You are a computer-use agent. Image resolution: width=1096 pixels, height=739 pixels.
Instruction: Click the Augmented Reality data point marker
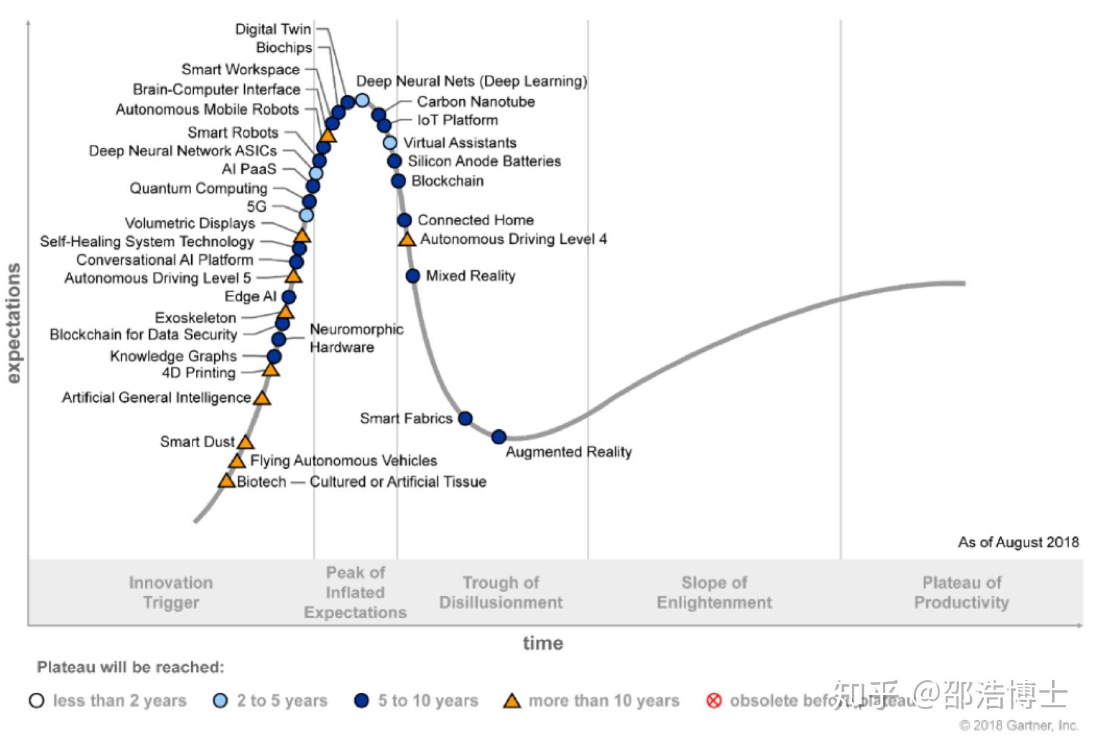(499, 436)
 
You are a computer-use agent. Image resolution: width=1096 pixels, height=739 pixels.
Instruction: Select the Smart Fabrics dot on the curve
(465, 418)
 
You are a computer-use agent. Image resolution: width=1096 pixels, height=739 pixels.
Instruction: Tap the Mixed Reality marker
(413, 276)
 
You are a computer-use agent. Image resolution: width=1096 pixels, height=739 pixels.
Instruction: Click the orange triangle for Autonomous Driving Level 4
(407, 239)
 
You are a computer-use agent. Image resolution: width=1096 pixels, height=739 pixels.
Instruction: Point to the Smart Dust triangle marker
(245, 442)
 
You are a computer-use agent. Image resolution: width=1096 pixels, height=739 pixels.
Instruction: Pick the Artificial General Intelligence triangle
(262, 398)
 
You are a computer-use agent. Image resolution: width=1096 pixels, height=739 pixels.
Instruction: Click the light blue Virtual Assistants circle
(390, 142)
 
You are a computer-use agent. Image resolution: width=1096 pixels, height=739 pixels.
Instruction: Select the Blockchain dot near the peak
(398, 181)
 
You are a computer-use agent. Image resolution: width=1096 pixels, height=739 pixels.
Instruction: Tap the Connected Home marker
(404, 220)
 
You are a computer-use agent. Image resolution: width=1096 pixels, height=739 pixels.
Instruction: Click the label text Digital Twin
(273, 29)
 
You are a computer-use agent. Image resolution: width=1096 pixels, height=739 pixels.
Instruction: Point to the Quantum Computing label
(198, 188)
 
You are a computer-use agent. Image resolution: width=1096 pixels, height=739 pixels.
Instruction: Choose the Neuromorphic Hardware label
(356, 338)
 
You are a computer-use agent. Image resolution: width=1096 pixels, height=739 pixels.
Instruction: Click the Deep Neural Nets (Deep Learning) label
(471, 81)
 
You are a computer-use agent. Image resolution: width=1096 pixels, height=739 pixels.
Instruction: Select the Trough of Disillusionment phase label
(501, 592)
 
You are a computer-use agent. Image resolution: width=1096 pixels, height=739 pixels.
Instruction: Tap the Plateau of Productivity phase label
(961, 592)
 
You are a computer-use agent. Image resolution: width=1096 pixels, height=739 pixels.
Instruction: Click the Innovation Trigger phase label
(171, 592)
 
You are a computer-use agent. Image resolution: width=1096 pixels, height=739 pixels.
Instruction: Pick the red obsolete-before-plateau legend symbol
(714, 701)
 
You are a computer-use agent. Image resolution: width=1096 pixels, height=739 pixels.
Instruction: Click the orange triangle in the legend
(512, 701)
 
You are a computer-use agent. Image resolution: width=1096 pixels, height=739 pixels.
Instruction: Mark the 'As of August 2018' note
(1018, 542)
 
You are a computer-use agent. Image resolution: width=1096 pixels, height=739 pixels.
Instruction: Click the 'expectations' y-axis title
(13, 323)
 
